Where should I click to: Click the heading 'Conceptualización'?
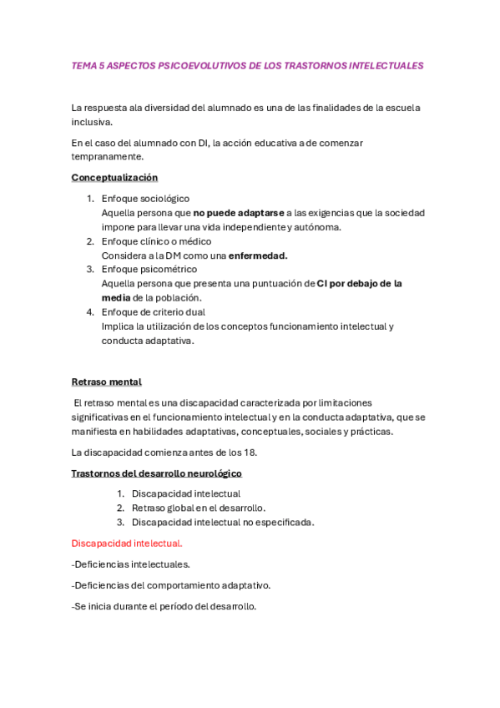[x=114, y=178]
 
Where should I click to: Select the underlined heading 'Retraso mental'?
[x=106, y=382]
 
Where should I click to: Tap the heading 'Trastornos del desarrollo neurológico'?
[x=156, y=473]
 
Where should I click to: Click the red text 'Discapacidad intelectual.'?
[x=127, y=544]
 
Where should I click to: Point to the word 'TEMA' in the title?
[x=83, y=65]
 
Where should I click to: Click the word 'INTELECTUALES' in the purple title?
[x=385, y=65]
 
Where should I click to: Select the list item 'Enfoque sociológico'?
[x=145, y=199]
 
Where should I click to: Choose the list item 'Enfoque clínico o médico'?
[x=156, y=241]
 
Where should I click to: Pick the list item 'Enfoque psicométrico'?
[x=149, y=269]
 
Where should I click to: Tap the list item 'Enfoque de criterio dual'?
[x=153, y=312]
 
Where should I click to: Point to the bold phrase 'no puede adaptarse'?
[x=239, y=213]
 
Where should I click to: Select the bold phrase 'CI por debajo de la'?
[x=360, y=284]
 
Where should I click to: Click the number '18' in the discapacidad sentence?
[x=250, y=453]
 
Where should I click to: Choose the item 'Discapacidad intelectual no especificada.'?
[x=223, y=522]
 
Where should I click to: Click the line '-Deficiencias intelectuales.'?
[x=130, y=564]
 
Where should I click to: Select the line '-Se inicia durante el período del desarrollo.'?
[x=164, y=606]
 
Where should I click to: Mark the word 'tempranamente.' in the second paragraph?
[x=108, y=156]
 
